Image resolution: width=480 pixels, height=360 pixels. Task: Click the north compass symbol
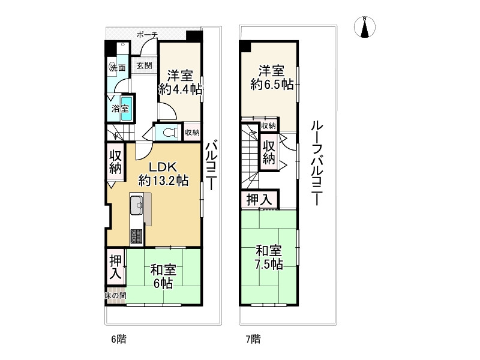(x=364, y=27)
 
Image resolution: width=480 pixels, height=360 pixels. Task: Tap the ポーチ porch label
(x=147, y=35)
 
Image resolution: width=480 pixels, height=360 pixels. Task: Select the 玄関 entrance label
(x=144, y=65)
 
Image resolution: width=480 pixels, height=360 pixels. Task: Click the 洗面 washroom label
(x=118, y=68)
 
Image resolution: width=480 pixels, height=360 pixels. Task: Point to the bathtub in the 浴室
(x=126, y=109)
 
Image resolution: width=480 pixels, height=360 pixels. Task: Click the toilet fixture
(x=170, y=133)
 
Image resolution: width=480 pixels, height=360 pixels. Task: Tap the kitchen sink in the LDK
(x=136, y=205)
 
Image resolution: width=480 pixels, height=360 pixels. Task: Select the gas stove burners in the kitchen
(x=137, y=236)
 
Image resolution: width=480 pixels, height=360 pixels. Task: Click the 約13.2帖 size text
(x=163, y=181)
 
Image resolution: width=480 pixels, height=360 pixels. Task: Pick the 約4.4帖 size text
(x=180, y=89)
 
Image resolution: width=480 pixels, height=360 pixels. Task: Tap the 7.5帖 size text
(x=269, y=264)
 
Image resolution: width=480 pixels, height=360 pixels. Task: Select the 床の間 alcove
(x=116, y=296)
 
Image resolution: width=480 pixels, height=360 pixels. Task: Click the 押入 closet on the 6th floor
(x=116, y=267)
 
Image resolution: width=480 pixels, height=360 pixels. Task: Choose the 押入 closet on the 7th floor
(x=260, y=200)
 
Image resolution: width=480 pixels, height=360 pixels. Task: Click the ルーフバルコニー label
(x=317, y=163)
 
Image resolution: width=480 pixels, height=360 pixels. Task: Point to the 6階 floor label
(x=118, y=339)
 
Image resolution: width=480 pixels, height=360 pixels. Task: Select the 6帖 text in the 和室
(x=163, y=284)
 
